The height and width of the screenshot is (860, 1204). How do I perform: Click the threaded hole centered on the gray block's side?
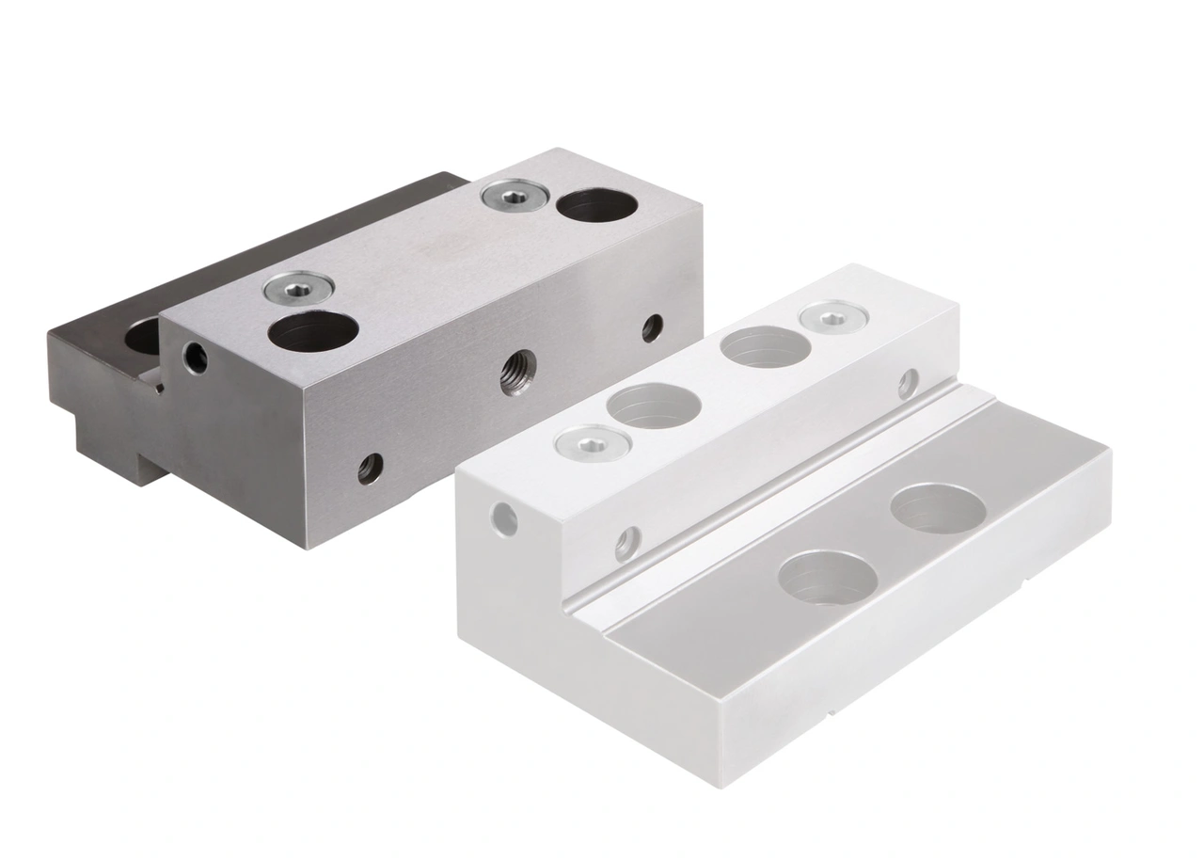(x=518, y=371)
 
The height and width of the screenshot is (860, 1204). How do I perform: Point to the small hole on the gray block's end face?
(x=196, y=357)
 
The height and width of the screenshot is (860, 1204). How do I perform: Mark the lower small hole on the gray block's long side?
(x=370, y=468)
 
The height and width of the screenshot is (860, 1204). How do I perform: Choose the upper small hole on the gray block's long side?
(x=652, y=327)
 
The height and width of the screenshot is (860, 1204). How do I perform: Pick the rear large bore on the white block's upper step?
(x=765, y=347)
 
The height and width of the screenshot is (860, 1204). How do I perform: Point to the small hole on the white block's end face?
(x=505, y=518)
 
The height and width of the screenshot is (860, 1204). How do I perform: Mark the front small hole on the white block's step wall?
(x=627, y=543)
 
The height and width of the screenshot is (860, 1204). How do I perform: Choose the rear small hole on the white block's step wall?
(x=908, y=382)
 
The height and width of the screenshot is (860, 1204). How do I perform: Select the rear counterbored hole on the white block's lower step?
(x=938, y=509)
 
